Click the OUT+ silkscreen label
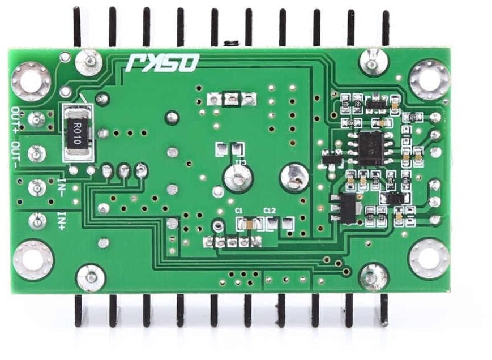click(x=16, y=117)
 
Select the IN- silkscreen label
click(x=61, y=186)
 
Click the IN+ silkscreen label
click(x=61, y=220)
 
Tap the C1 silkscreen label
click(x=239, y=211)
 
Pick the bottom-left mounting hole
click(x=32, y=260)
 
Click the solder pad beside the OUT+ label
click(x=36, y=119)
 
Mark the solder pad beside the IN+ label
click(x=36, y=219)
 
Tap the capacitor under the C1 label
click(x=249, y=225)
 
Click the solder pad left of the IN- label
click(x=36, y=186)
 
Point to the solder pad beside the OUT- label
click(x=36, y=153)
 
